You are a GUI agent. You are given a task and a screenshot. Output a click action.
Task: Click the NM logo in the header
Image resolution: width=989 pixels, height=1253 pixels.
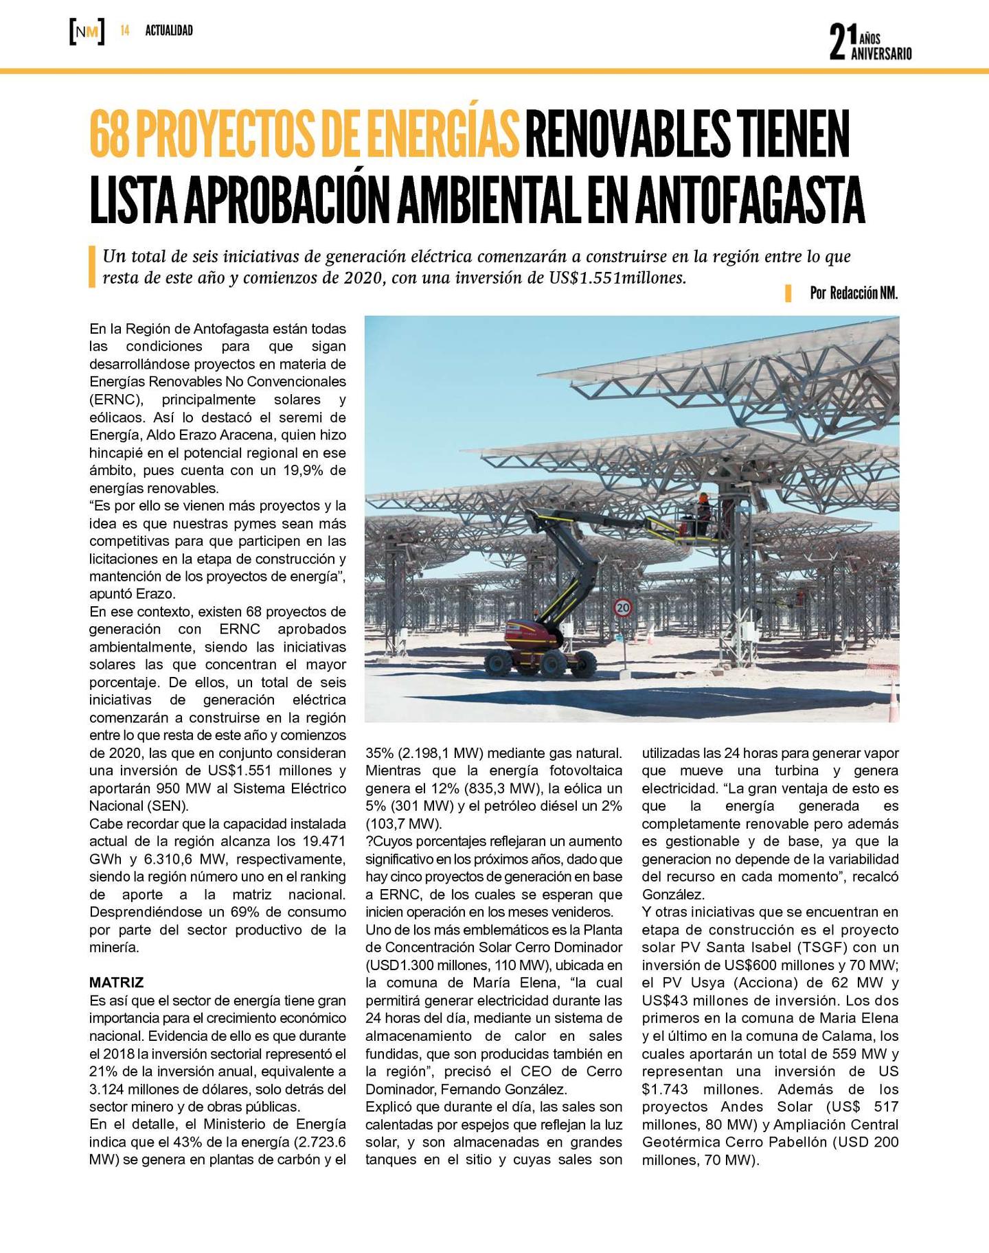(87, 32)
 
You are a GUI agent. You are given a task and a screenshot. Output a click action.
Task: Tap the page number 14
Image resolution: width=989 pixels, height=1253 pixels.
(125, 31)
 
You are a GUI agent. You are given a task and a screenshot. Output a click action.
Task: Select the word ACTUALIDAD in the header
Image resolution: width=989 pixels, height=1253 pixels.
(169, 31)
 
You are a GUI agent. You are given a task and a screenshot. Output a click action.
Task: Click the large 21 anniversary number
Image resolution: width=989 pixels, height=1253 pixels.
(842, 42)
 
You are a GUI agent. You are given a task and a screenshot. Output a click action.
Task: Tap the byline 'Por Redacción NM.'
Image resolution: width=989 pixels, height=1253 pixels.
(854, 293)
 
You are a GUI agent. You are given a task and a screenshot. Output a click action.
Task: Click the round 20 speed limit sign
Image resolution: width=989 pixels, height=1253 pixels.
(623, 607)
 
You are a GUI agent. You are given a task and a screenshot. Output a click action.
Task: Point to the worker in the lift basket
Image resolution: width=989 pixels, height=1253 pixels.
(703, 510)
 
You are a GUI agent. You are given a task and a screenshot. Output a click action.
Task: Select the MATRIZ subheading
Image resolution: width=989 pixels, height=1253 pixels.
(117, 982)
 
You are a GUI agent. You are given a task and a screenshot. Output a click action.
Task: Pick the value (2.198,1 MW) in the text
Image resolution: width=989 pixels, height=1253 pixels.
(441, 752)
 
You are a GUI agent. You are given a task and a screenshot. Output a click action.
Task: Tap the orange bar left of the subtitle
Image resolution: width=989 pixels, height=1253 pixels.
(92, 267)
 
